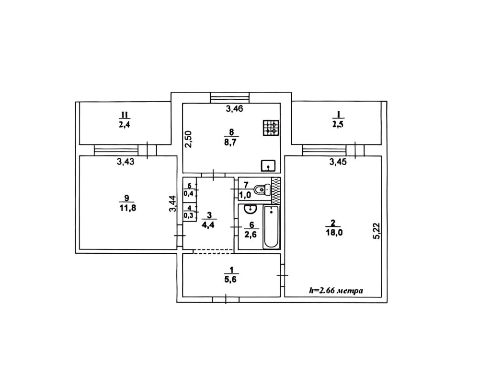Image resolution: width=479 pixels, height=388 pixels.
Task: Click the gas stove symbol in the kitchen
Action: pyautogui.click(x=270, y=128)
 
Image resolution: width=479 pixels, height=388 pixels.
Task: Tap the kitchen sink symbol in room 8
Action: pyautogui.click(x=268, y=165)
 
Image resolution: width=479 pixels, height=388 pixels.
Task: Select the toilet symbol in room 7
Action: pyautogui.click(x=262, y=189)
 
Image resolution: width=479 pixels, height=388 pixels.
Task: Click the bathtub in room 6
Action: pyautogui.click(x=271, y=227)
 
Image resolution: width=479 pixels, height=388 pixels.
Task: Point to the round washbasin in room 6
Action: pyautogui.click(x=250, y=209)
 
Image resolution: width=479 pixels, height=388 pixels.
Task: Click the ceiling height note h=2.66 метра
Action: pyautogui.click(x=336, y=290)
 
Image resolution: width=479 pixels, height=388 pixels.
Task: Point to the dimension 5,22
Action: pyautogui.click(x=377, y=231)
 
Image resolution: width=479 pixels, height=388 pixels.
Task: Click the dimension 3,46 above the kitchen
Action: pyautogui.click(x=234, y=108)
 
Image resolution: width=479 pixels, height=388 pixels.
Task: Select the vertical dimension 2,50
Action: pyautogui.click(x=189, y=140)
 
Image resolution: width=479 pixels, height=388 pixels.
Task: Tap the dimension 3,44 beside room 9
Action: pyautogui.click(x=173, y=204)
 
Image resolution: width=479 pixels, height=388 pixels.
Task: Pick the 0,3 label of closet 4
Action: pyautogui.click(x=188, y=215)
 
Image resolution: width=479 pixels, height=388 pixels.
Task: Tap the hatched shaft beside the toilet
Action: pyautogui.click(x=275, y=190)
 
